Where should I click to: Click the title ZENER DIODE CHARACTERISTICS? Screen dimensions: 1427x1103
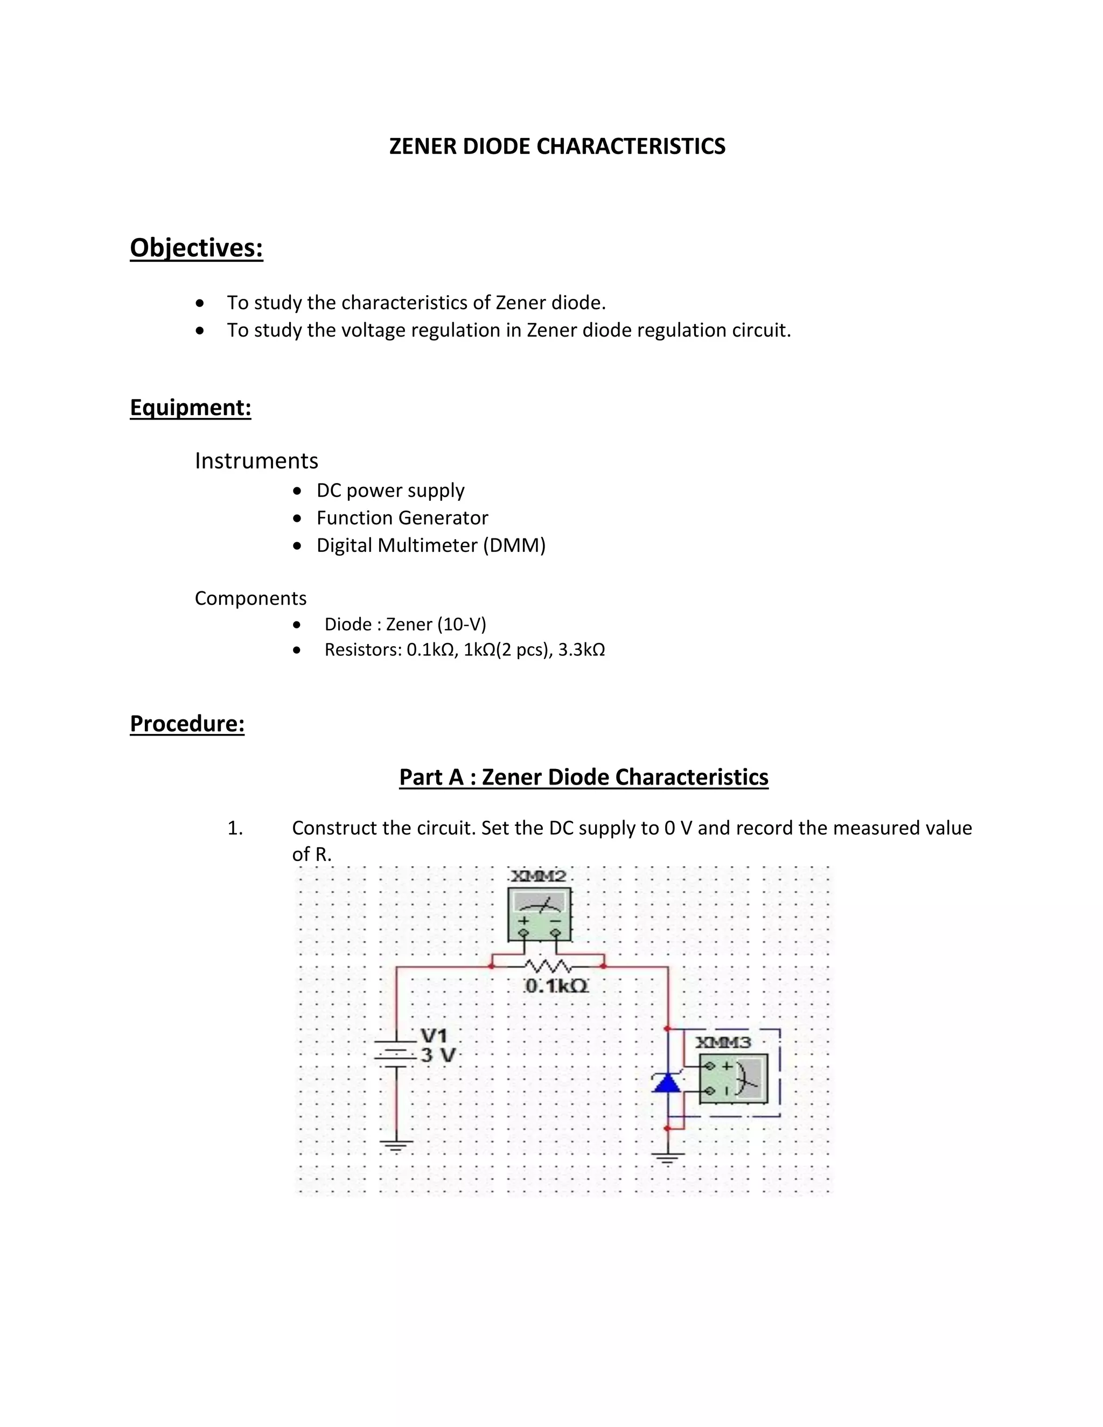pos(557,146)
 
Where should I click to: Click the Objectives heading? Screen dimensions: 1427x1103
pos(196,248)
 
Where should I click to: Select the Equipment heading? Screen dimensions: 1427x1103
pos(190,407)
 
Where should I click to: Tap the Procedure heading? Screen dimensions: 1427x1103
pos(187,723)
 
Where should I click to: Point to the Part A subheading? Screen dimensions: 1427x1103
pos(583,777)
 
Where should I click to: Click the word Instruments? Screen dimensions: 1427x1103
pos(256,460)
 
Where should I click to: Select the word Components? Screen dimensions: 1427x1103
pos(250,598)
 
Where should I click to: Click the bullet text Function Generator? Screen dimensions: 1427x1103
pos(402,517)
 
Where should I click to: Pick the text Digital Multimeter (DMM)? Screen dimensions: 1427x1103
pos(431,545)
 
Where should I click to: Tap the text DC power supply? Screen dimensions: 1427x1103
pos(390,490)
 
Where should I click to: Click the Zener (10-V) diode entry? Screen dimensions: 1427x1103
pos(405,624)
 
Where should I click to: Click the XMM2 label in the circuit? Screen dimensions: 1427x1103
pos(538,876)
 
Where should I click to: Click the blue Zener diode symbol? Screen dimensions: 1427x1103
pos(667,1084)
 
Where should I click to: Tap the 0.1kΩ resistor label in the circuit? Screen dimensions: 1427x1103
pos(556,986)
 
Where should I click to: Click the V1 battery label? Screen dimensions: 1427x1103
pos(434,1036)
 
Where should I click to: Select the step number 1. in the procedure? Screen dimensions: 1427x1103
pos(235,828)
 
